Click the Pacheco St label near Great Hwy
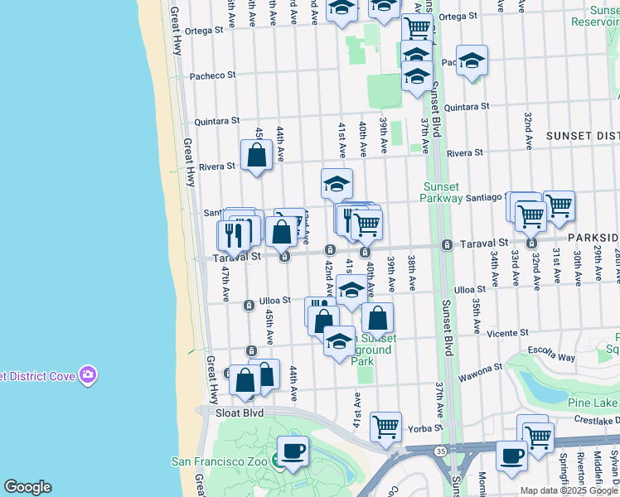pyautogui.click(x=213, y=75)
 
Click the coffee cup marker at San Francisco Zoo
pyautogui.click(x=293, y=451)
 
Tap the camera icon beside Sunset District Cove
pyautogui.click(x=88, y=375)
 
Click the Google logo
pyautogui.click(x=27, y=487)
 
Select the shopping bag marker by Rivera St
pyautogui.click(x=257, y=154)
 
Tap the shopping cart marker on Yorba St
pyautogui.click(x=385, y=426)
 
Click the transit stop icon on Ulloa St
pyautogui.click(x=248, y=306)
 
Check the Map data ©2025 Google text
pyautogui.click(x=569, y=490)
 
